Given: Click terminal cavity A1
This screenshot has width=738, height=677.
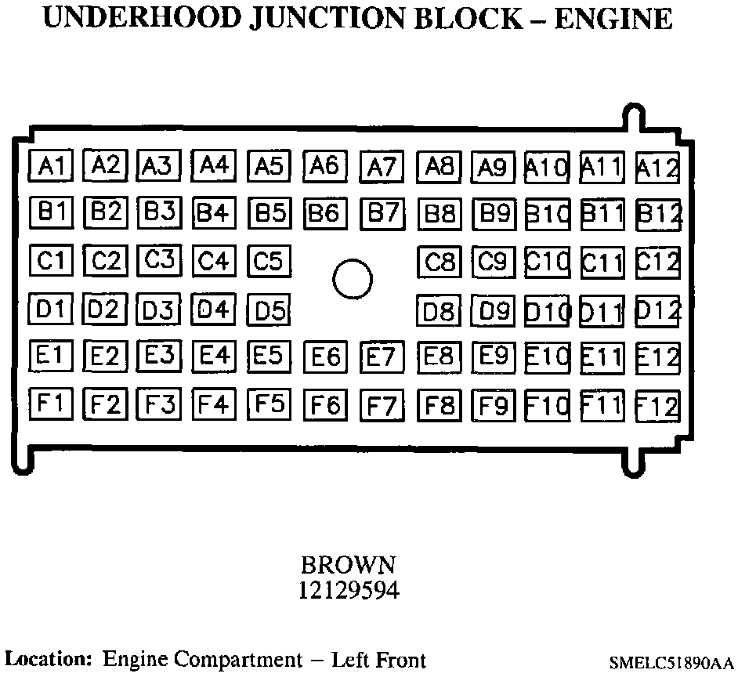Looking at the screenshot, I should (51, 165).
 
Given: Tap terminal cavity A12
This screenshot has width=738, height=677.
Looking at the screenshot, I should (657, 167).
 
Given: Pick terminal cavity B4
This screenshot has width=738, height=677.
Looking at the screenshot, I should (213, 212).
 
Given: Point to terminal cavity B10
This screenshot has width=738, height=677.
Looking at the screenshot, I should (546, 213).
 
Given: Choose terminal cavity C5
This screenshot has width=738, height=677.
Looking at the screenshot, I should (269, 259).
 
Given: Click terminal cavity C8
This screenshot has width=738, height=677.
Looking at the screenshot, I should (439, 261).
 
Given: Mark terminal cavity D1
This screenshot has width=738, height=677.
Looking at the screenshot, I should (51, 309).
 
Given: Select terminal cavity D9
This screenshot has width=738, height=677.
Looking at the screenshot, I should (494, 310).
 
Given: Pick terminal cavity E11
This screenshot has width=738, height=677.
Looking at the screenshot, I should (602, 357).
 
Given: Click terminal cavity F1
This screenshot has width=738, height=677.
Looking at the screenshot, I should (51, 404).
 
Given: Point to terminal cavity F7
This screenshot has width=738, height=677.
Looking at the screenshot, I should (382, 406).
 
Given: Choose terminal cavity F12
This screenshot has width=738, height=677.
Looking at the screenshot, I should (657, 406).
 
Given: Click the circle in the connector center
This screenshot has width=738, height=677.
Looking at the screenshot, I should (352, 279).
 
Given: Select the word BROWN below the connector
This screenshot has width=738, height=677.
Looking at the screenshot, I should (349, 564).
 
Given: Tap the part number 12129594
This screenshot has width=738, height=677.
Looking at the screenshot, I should (349, 589).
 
